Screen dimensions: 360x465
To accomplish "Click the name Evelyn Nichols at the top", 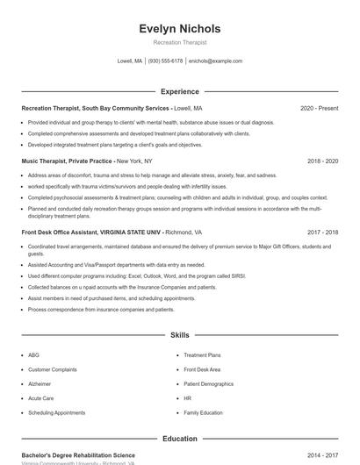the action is tap(180, 28).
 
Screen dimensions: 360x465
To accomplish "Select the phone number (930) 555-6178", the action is tap(165, 61).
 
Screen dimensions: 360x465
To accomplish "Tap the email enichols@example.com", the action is tap(215, 61).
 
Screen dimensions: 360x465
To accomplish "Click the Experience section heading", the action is tap(180, 91).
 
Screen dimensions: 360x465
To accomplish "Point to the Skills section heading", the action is tap(180, 335).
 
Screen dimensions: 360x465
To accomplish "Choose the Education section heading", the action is tap(180, 438).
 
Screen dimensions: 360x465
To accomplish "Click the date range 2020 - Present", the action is tap(319, 108).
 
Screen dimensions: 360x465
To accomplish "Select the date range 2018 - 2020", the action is tap(322, 161).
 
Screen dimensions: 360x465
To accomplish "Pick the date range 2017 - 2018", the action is tap(322, 232).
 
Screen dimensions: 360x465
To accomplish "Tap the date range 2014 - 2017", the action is tap(322, 455).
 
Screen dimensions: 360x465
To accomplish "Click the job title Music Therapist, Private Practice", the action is tap(67, 161).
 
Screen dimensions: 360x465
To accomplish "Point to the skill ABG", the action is tap(34, 355).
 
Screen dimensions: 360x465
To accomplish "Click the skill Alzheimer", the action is tap(40, 383).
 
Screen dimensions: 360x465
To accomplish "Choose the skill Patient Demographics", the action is tap(208, 383).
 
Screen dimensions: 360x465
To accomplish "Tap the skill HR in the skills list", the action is tap(187, 398).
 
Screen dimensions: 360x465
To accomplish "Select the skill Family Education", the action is tap(203, 412).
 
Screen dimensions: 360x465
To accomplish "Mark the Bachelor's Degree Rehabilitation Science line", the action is tap(78, 455).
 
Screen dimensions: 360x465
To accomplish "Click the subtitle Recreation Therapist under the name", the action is tap(180, 42).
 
